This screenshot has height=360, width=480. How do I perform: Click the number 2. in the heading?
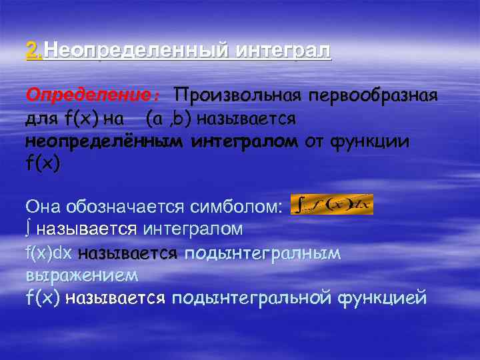(x=35, y=50)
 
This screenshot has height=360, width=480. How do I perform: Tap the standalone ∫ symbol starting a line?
(x=29, y=229)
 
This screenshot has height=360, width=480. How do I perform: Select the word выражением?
(x=82, y=275)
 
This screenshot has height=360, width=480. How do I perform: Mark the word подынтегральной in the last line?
(x=251, y=298)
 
